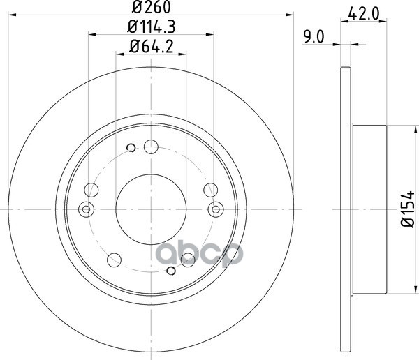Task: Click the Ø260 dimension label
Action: coord(152,7)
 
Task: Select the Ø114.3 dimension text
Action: coord(152,27)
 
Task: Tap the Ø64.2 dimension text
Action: coord(152,46)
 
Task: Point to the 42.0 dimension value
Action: coord(364,14)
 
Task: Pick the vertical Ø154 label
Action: coord(408,209)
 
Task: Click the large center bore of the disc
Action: coord(151,209)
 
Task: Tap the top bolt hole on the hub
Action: coord(151,147)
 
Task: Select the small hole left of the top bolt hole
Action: coord(131,148)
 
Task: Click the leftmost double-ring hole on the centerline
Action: coord(86,209)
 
